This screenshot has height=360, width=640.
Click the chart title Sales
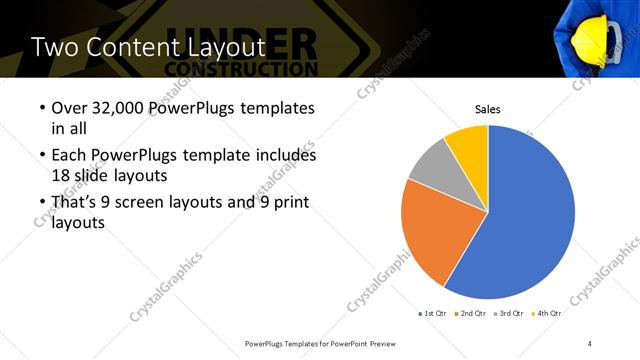click(487, 109)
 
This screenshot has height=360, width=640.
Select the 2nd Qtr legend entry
click(473, 314)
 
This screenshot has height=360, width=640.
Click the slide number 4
click(590, 343)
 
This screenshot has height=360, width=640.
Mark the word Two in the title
click(51, 47)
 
